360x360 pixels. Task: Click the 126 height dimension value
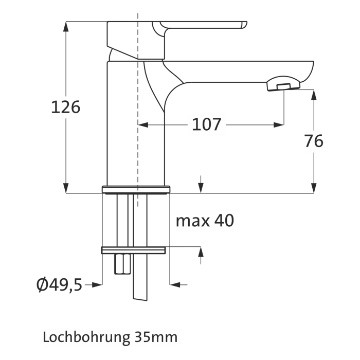[x=66, y=107]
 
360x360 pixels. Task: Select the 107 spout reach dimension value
[x=206, y=124]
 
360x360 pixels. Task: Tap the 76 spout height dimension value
[x=313, y=140]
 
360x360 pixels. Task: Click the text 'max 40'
[x=205, y=221]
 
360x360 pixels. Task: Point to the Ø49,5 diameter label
[x=59, y=284]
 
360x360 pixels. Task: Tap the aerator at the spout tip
[x=282, y=84]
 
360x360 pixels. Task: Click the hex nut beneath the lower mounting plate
[x=122, y=264]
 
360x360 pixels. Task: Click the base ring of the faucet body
[x=136, y=189]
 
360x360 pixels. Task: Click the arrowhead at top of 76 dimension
[x=313, y=95]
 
